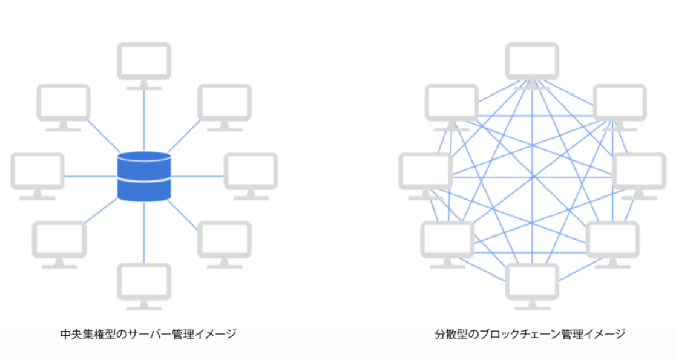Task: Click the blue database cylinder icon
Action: pos(144,176)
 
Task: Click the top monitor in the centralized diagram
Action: pos(144,65)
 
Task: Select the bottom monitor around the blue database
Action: pos(144,286)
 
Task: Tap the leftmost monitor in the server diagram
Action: pos(38,176)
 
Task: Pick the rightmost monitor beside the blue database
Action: pos(251,176)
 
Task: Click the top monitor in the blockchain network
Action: pos(532,65)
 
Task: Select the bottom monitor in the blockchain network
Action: pos(532,286)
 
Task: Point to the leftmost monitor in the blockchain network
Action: pos(425,176)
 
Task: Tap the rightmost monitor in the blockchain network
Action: pos(639,176)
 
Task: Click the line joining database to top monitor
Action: pos(144,120)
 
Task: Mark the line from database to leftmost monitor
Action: pos(91,176)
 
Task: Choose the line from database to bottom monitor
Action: pos(144,232)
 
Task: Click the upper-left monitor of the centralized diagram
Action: pos(64,107)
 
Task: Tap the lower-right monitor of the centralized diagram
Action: pos(225,244)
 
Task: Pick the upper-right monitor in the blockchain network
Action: pos(620,107)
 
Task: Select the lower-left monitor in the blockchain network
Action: pos(447,244)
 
